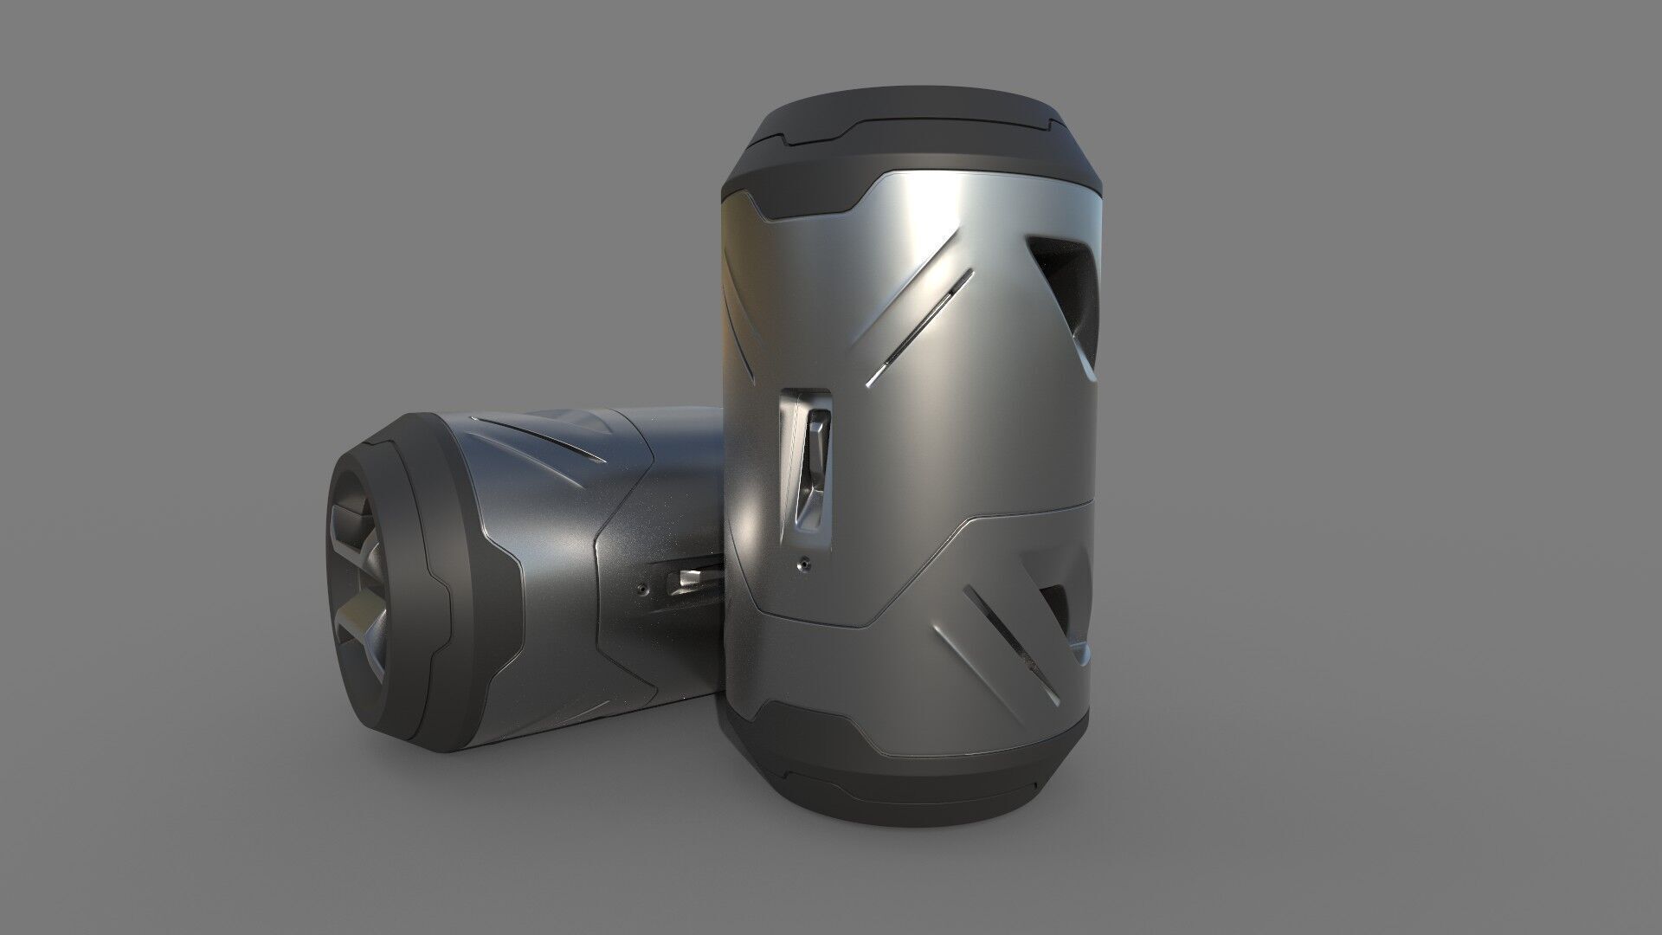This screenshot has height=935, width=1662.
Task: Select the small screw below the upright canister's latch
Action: tap(804, 564)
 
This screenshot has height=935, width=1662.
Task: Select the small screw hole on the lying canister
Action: tap(641, 588)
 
